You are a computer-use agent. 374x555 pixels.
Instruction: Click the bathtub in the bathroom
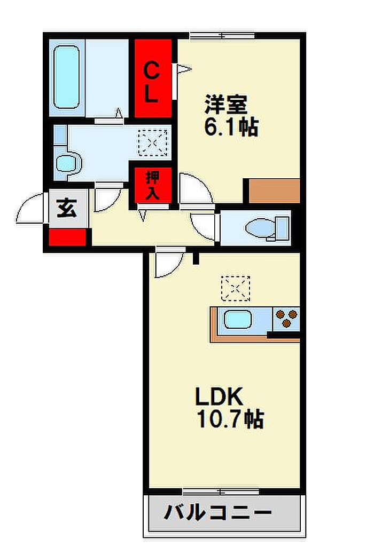coord(66,77)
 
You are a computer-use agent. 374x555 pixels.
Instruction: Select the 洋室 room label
coord(226,104)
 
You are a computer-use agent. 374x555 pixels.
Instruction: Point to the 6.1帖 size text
coord(231,127)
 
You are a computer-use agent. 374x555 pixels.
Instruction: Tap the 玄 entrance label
coord(67,208)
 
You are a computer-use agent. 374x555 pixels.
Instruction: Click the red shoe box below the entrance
coord(67,237)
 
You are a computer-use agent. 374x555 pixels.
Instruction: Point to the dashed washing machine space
coord(153,143)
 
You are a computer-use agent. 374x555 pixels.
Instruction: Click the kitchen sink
coord(238,320)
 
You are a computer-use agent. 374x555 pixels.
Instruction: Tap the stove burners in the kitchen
coord(286,319)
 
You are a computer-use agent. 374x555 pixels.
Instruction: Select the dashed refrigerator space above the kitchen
coord(236,289)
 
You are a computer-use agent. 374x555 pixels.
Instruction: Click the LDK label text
coord(220,397)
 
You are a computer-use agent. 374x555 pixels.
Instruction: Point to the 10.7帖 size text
coord(230,419)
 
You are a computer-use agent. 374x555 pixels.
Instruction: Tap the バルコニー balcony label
coord(217,512)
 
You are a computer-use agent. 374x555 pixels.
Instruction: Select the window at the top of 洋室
coord(222,35)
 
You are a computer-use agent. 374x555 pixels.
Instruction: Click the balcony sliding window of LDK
coord(221,491)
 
